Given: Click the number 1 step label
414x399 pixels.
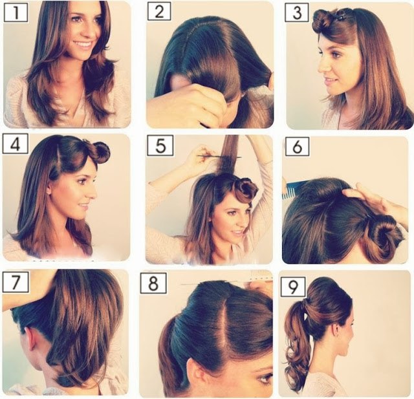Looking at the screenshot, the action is pos(16,13).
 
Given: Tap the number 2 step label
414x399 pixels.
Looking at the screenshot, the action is pos(159,12).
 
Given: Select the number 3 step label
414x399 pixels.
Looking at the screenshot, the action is pos(297,13).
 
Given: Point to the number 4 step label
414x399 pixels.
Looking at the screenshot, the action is pos(16,144).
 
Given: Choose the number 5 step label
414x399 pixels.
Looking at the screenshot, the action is pos(160,146).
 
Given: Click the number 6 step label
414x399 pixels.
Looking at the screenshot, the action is pos(297,146).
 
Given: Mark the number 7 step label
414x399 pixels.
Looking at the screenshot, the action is pos(16,282).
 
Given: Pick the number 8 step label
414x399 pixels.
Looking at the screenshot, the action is pos(153,283).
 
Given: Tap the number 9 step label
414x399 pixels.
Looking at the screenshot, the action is pos(293,286).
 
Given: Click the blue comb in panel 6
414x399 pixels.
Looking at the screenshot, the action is pos(293,188).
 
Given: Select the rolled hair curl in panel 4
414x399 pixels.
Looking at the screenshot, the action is pos(101,151).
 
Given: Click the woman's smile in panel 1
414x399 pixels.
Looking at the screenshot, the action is pos(83,44).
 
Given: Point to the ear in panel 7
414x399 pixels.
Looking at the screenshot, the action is pos(32,340).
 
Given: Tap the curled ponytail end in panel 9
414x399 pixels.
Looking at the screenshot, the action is pos(295,365).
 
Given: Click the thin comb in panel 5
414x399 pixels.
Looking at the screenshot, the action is pos(219,156).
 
